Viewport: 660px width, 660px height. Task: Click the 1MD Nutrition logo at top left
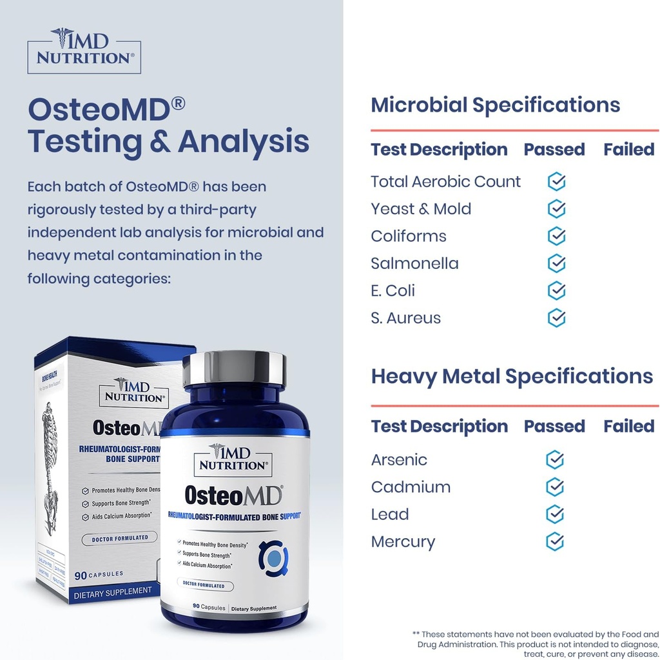click(x=84, y=50)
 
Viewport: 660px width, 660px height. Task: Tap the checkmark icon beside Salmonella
click(x=556, y=263)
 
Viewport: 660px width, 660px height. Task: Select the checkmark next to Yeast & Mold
click(x=556, y=209)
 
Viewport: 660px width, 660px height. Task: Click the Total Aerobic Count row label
click(x=445, y=182)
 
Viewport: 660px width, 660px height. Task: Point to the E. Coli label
click(x=393, y=291)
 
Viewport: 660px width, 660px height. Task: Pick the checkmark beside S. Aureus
click(x=556, y=318)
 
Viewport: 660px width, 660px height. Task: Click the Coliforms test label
click(x=408, y=236)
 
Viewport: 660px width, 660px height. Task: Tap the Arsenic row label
click(x=399, y=460)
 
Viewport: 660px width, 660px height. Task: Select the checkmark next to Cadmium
click(x=555, y=487)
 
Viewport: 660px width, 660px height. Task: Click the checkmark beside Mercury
click(x=555, y=541)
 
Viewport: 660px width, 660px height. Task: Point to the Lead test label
click(x=389, y=514)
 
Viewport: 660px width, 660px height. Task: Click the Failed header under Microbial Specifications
click(x=628, y=150)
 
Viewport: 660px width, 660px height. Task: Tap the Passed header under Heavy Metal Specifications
click(x=554, y=426)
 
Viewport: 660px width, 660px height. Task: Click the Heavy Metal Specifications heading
click(x=512, y=376)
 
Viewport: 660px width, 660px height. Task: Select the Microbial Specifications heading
click(x=495, y=105)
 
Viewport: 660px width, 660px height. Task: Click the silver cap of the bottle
click(x=234, y=368)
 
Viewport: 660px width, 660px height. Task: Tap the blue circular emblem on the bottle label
click(x=273, y=557)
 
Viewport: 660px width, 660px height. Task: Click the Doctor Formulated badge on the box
click(x=119, y=537)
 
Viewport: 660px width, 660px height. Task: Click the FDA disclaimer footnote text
click(x=536, y=644)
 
